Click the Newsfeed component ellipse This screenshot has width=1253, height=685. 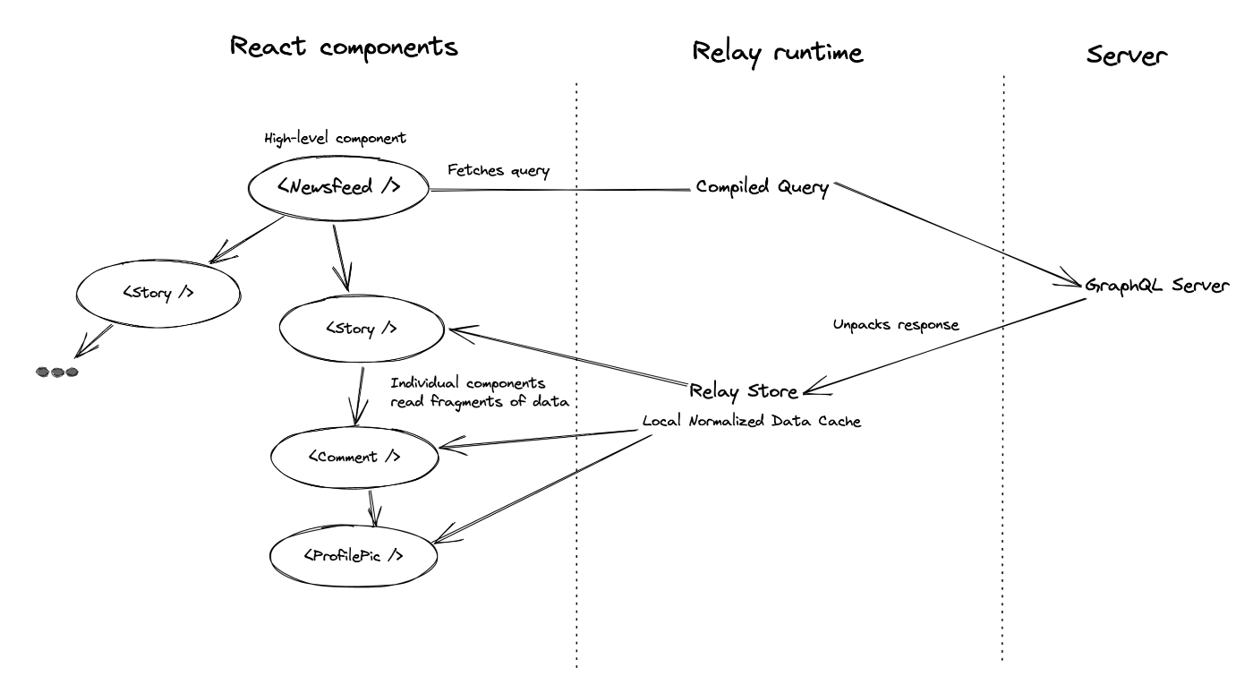point(338,156)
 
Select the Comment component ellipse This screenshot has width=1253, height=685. point(354,428)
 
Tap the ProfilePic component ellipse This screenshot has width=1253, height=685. point(354,527)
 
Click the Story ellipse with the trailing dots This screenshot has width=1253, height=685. point(158,261)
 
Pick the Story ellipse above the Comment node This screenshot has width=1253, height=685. point(362,296)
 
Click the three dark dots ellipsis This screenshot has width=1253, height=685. point(57,372)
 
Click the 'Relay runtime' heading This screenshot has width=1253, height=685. point(778,54)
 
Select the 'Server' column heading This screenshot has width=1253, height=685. point(1127,56)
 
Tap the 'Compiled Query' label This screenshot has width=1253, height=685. point(762,187)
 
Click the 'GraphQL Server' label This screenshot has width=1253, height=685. point(1156,286)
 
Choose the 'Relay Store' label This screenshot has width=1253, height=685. point(744,391)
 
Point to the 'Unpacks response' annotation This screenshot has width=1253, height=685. point(896,324)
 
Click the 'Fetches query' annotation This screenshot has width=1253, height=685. point(499,170)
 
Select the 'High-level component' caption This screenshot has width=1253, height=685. point(335,138)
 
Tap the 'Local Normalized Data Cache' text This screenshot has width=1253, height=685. point(751,421)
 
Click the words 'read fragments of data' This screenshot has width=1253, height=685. point(480,402)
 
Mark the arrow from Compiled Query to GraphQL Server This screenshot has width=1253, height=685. point(958,235)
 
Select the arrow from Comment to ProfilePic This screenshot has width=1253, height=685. point(372,509)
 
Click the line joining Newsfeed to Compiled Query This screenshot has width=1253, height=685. point(560,190)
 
